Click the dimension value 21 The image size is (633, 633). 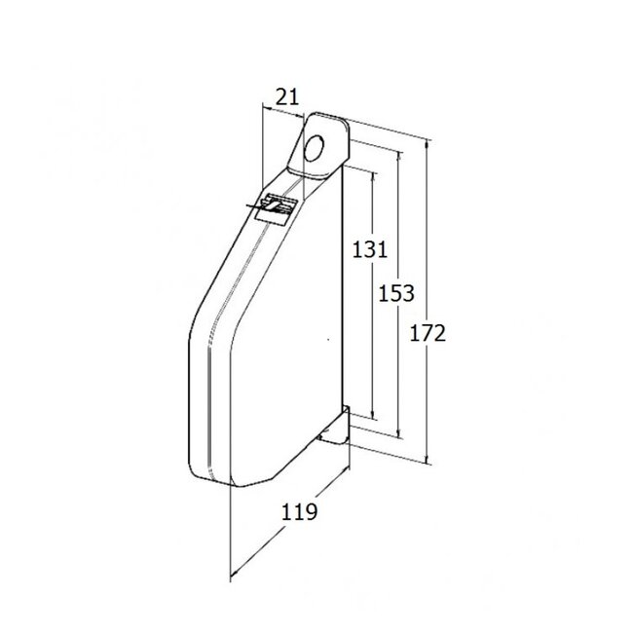tap(284, 95)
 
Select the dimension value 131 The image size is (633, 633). tap(370, 249)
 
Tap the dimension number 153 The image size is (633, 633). tap(397, 292)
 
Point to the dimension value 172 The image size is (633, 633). tap(428, 333)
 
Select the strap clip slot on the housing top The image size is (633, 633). tap(278, 206)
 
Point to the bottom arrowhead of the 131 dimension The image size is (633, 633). tap(371, 416)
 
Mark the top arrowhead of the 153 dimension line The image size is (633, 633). tap(399, 152)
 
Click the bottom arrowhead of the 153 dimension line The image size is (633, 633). tap(399, 435)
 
